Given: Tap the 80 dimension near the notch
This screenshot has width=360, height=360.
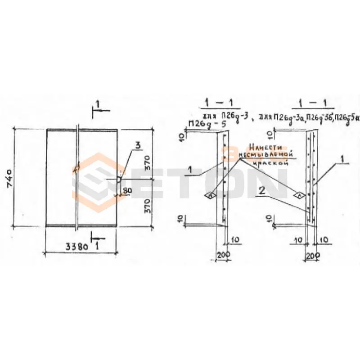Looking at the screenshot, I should (126, 190).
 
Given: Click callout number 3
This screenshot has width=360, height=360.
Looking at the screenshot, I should (138, 144).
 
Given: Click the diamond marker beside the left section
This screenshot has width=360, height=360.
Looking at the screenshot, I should (210, 195).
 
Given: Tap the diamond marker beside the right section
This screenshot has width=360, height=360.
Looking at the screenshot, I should (299, 195).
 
